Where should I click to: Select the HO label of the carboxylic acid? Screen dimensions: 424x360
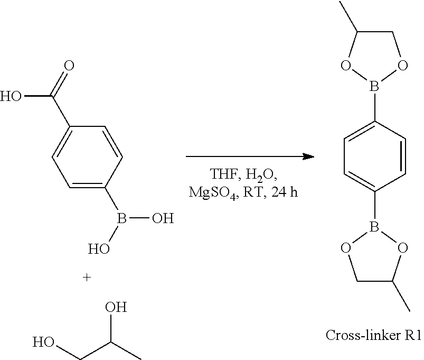pyautogui.click(x=12, y=97)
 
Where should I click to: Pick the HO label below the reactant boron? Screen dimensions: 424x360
pyautogui.click(x=99, y=248)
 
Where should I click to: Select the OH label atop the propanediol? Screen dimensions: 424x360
pyautogui.click(x=116, y=308)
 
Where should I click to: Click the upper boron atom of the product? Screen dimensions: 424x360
pyautogui.click(x=374, y=85)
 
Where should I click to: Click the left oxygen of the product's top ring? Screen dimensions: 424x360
pyautogui.click(x=346, y=66)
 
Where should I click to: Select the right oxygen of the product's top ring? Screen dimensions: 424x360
pyautogui.click(x=403, y=66)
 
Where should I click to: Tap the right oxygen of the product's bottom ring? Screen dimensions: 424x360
pyautogui.click(x=403, y=247)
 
